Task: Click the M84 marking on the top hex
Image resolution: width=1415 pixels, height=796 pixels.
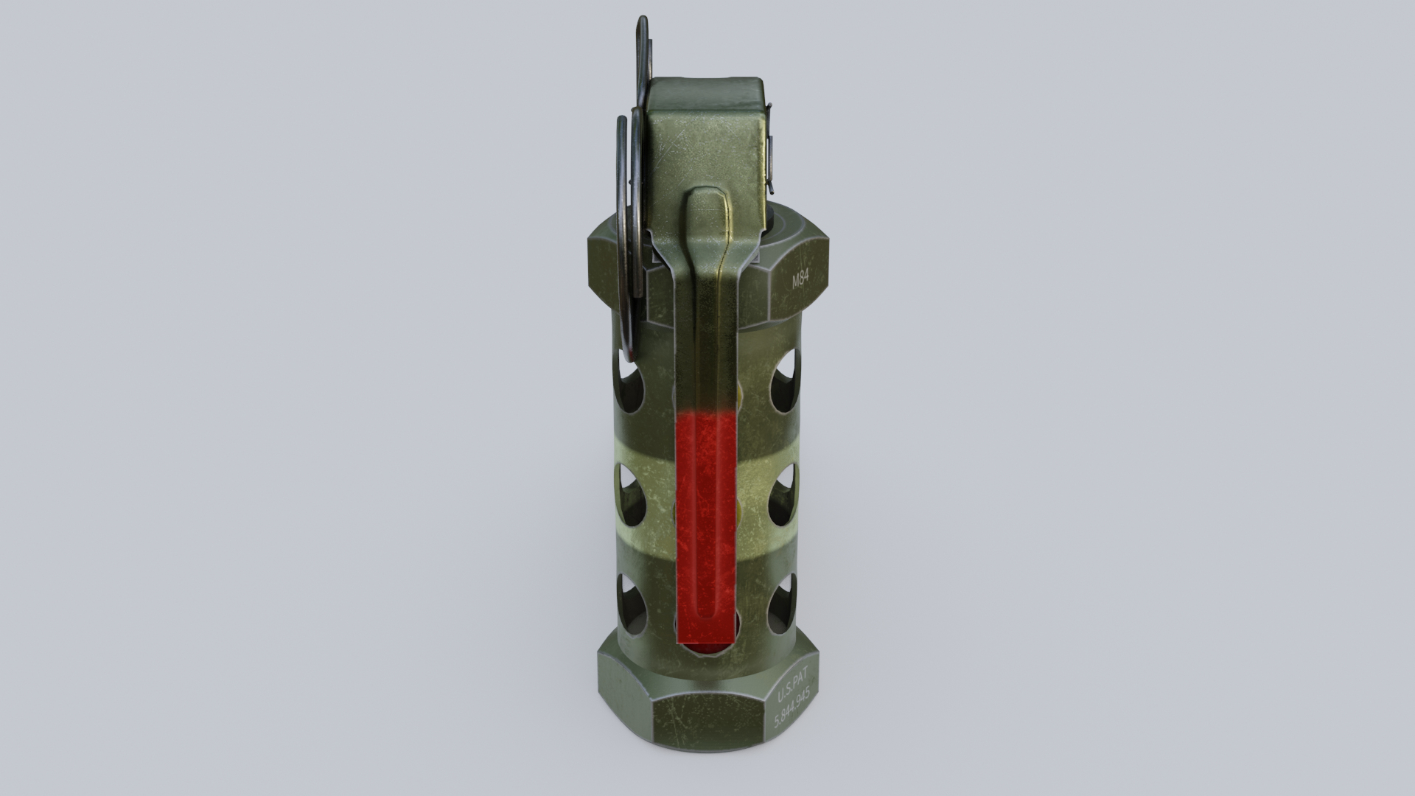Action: coord(800,280)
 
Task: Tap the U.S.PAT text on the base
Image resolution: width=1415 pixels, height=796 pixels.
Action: coord(793,692)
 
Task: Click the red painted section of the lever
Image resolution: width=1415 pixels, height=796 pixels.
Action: coord(707,516)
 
